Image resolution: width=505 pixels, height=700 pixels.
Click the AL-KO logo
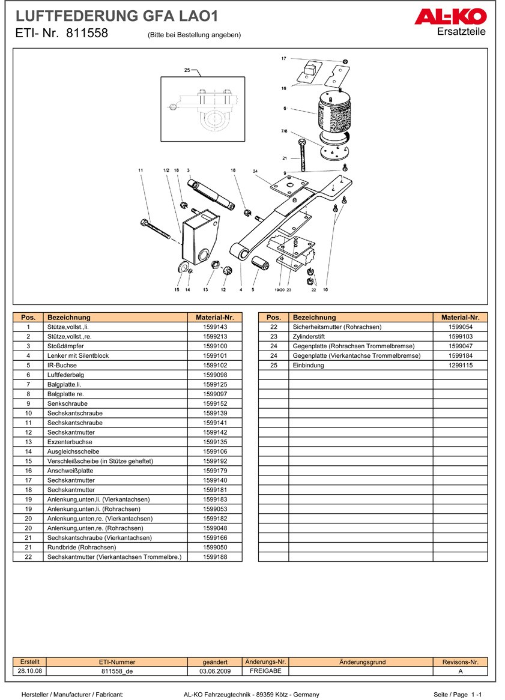click(x=450, y=17)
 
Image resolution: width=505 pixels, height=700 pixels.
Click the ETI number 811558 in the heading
click(x=86, y=34)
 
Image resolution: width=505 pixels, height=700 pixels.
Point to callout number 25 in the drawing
click(x=187, y=71)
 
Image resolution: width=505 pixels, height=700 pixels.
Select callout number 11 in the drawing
click(x=141, y=171)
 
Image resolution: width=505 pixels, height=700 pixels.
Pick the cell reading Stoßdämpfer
click(x=65, y=346)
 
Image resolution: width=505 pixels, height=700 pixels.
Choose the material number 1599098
click(x=215, y=375)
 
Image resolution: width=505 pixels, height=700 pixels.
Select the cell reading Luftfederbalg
click(x=65, y=375)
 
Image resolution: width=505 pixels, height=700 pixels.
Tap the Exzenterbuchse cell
click(x=68, y=442)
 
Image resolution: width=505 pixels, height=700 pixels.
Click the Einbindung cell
click(x=308, y=366)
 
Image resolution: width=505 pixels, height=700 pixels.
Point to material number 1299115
click(x=461, y=366)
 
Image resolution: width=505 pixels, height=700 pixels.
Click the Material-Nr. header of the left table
click(x=215, y=318)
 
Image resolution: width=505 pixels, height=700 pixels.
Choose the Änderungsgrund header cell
click(x=362, y=662)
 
